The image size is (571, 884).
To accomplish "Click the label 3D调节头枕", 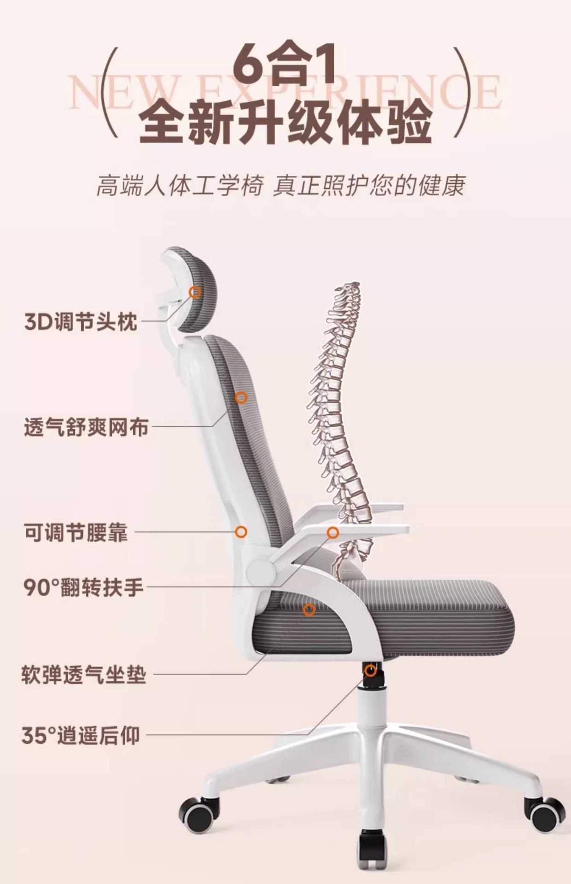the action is tap(81, 321).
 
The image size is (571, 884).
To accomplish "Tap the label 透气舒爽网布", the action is tap(87, 427).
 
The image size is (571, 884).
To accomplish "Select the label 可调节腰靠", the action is tap(76, 533).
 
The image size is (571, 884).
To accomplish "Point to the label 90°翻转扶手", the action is tap(83, 587).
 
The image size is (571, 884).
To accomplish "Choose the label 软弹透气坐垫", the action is tap(84, 675).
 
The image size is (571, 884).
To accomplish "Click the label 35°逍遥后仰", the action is tap(81, 735).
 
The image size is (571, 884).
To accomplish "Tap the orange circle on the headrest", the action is tap(196, 291).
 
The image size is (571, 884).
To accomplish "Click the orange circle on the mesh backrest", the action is tap(241, 397).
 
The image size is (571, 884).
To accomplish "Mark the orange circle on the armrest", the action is tap(333, 533).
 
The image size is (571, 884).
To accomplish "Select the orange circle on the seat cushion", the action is tap(309, 610).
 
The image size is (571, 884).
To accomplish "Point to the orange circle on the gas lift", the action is tap(370, 670).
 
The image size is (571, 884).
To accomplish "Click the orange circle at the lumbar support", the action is tap(241, 532).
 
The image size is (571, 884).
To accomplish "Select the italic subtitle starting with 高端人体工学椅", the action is tap(280, 186).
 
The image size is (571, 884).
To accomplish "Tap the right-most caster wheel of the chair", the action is tap(545, 814).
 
